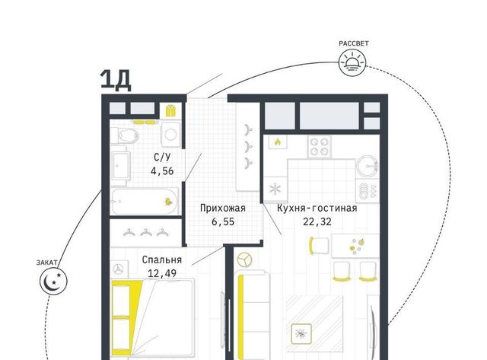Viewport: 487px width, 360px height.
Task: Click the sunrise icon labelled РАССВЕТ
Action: coord(352,63)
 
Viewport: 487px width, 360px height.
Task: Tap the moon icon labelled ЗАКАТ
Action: coord(53,282)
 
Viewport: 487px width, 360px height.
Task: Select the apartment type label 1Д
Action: coord(116,81)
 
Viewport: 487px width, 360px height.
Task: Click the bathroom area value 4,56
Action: coord(162,171)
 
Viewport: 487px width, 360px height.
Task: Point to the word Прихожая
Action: coord(223,208)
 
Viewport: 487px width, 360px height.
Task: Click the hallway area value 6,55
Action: coord(223,221)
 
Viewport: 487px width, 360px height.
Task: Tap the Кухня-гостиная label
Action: coord(317,208)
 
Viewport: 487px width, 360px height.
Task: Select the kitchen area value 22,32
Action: coord(317,221)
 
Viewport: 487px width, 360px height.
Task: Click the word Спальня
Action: coord(162,260)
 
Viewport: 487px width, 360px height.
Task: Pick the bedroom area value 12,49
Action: coord(162,273)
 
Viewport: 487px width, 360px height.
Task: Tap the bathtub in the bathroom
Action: coord(145,201)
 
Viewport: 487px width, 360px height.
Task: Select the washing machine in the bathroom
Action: coord(170,135)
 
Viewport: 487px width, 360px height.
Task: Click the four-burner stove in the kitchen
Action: coord(319,147)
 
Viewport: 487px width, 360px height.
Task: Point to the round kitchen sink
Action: coord(367,166)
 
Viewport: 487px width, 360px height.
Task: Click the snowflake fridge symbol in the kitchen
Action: coord(275,190)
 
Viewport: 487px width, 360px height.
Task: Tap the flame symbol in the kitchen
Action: coord(278,142)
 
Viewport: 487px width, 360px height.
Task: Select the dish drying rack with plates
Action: coord(368,190)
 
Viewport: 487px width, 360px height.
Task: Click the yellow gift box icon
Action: coord(170,110)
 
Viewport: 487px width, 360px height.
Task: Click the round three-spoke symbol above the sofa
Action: coord(245,260)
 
